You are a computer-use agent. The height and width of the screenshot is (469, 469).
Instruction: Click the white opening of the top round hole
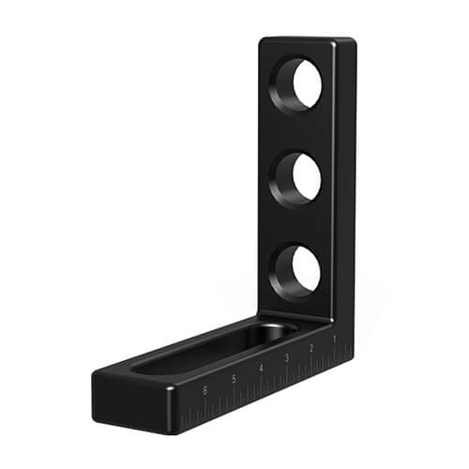[x=308, y=83]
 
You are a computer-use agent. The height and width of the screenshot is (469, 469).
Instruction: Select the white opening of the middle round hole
[x=307, y=177]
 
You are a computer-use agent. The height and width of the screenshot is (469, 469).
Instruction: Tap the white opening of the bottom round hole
[x=307, y=269]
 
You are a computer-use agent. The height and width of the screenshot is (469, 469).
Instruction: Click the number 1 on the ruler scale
[x=335, y=339]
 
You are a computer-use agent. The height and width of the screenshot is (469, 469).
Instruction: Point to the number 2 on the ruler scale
[x=311, y=348]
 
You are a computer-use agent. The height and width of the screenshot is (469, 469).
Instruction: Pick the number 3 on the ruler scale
[x=287, y=358]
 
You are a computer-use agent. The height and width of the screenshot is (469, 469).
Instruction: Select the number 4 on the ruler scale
[x=261, y=368]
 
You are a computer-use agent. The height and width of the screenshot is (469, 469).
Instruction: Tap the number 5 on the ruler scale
[x=234, y=379]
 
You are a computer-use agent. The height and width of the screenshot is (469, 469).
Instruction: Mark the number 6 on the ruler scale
[x=205, y=391]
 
